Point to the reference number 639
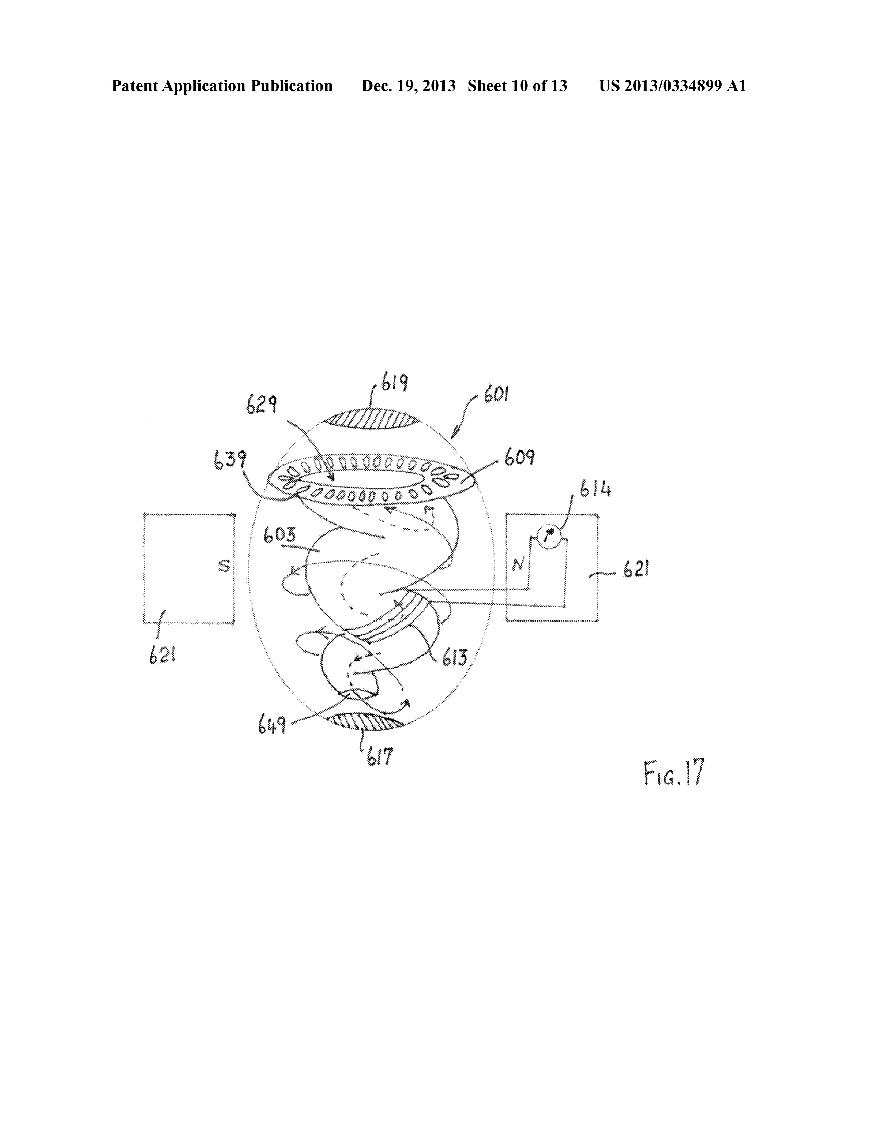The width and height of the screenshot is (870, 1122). click(x=230, y=460)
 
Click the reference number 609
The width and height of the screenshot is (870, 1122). click(x=519, y=457)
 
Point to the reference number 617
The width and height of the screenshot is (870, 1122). click(x=380, y=757)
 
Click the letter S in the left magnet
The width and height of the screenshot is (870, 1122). click(x=224, y=567)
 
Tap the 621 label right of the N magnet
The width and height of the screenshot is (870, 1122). click(x=636, y=569)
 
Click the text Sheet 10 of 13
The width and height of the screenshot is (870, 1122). click(x=517, y=86)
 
